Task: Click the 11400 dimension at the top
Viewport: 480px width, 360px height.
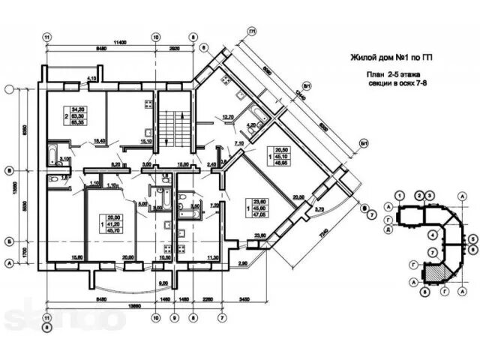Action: coord(113,41)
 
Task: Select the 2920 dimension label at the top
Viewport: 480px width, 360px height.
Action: coord(174,48)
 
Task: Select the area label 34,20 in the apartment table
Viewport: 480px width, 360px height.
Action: coord(77,109)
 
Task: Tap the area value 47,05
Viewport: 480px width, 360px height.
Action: coord(260,213)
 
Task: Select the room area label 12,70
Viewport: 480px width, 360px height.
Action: coord(228,117)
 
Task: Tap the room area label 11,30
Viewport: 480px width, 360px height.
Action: coord(213,258)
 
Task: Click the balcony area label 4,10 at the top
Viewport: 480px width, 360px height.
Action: coord(92,78)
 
